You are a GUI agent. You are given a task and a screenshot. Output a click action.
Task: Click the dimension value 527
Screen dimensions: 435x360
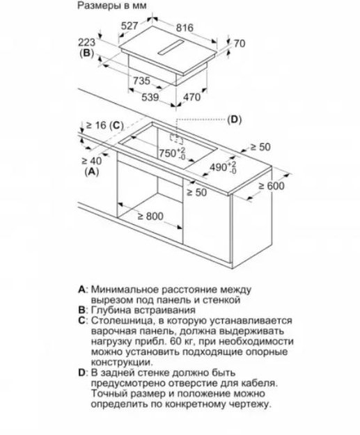[x=130, y=26]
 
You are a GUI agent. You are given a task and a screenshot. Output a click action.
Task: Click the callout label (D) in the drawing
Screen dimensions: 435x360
[x=234, y=120]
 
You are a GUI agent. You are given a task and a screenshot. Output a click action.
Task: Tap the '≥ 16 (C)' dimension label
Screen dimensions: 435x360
[x=102, y=125]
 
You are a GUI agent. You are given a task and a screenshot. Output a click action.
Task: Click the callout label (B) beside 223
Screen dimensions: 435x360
[x=87, y=53]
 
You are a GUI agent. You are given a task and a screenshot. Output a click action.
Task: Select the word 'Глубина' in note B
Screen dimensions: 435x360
[x=111, y=310]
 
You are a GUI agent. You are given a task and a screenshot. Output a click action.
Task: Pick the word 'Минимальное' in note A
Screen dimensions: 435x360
[x=125, y=289]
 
